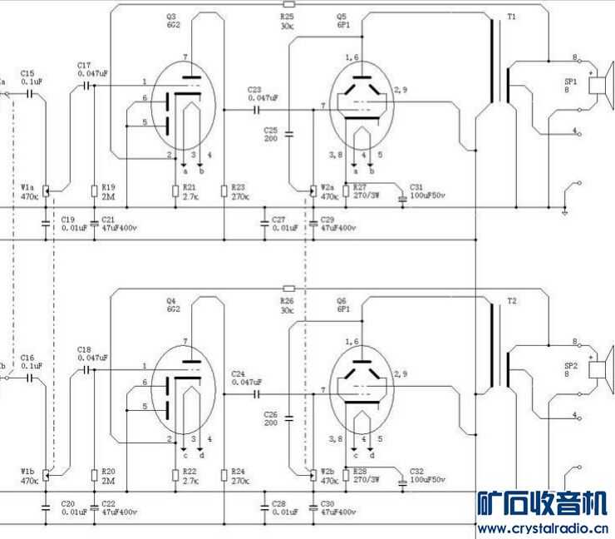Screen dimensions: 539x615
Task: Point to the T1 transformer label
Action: tap(512, 17)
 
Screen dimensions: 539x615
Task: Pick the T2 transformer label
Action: tap(512, 299)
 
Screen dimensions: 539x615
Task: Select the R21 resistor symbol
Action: tap(175, 191)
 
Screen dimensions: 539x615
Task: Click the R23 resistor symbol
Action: tap(224, 191)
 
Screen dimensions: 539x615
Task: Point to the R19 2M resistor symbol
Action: tap(93, 191)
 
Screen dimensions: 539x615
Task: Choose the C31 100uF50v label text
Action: tap(427, 191)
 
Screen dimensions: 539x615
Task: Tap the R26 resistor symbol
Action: tap(288, 288)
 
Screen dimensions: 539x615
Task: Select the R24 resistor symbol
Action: tap(224, 475)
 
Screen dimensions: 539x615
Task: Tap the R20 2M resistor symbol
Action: tap(93, 475)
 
